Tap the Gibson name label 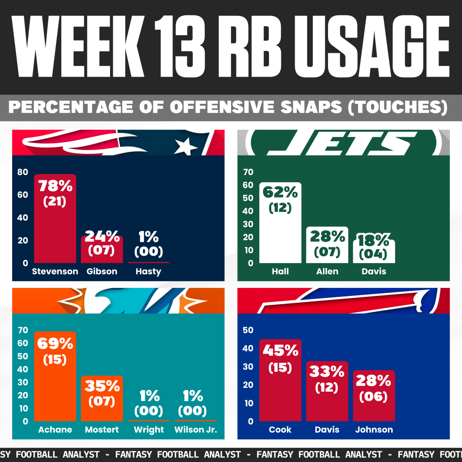(102, 272)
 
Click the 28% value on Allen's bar (327, 236)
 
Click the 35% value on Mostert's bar (102, 386)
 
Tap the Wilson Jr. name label (195, 430)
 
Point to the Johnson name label (374, 430)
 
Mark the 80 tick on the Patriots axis (23, 172)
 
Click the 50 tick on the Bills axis (248, 330)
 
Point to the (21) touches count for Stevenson (55, 202)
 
